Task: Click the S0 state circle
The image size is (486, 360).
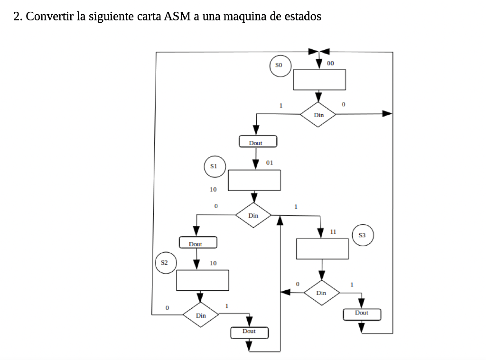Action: [280, 66]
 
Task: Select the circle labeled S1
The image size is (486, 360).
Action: [215, 166]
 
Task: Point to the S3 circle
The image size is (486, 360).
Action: [363, 235]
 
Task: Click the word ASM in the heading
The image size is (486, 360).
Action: [177, 17]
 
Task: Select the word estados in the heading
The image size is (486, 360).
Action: [302, 17]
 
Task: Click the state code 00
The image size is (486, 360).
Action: [330, 63]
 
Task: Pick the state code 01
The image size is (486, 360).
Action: [270, 163]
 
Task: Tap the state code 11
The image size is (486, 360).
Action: [333, 231]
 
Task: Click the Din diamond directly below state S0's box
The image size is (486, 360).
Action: [318, 115]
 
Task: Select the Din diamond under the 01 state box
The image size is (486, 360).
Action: [253, 215]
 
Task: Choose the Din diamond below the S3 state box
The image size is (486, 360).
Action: [321, 293]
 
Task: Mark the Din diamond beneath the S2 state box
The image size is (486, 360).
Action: [201, 315]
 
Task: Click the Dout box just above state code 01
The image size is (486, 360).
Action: [257, 142]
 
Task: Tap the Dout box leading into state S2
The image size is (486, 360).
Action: [197, 243]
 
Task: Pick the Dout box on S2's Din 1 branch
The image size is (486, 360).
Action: [249, 332]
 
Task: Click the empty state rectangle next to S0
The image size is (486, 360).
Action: [319, 79]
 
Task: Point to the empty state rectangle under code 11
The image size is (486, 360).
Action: [322, 249]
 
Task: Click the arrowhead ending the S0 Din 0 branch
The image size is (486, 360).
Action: [387, 113]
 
